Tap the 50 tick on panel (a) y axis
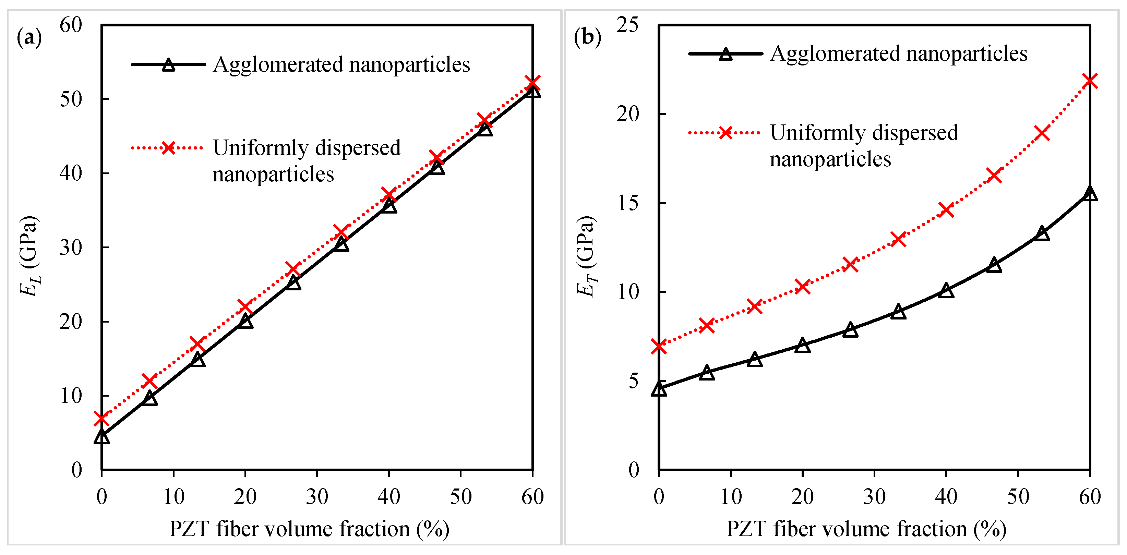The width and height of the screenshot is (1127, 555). coord(71,99)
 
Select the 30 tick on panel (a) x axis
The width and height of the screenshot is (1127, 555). coord(317,497)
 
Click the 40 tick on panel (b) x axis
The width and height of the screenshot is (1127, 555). coord(946,497)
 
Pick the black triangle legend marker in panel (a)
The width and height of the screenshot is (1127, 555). coord(168,65)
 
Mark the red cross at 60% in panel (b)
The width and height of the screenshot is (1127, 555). coord(1090,81)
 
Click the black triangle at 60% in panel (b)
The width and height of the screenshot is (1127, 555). coord(1090,193)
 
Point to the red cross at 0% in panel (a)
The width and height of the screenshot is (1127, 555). coord(101,419)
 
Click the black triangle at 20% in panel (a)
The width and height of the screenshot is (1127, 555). coord(245,321)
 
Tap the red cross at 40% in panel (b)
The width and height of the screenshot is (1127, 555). coord(946,210)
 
